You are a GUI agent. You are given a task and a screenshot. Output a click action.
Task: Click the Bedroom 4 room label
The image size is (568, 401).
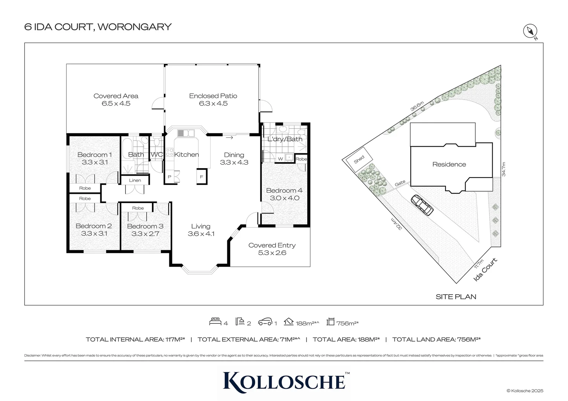click(x=284, y=190)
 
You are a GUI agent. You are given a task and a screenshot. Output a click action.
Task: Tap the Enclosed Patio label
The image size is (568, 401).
click(x=213, y=96)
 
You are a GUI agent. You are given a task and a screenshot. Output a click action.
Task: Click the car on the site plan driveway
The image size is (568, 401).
click(x=422, y=205)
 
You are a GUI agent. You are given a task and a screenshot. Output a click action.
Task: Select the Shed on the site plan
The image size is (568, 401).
click(x=359, y=159)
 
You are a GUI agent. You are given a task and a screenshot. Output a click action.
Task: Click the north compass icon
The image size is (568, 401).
click(x=530, y=32)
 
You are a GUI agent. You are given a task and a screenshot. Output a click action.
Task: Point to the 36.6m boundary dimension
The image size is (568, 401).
click(x=417, y=107)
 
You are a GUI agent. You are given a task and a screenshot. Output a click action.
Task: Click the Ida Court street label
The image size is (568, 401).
click(x=486, y=270)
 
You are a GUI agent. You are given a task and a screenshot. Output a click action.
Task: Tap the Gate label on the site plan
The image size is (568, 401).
click(x=400, y=183)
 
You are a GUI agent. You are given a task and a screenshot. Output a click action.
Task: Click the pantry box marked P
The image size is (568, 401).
click(x=169, y=177)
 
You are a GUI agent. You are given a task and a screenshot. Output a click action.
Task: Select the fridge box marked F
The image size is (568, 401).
click(x=201, y=177)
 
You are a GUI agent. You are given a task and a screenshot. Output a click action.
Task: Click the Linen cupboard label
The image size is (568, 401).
click(x=135, y=180)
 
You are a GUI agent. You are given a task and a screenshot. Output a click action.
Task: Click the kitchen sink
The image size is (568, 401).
click(x=186, y=133)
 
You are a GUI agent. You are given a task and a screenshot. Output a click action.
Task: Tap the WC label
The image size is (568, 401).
click(x=156, y=154)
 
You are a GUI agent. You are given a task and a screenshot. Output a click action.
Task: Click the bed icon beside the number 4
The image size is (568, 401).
click(x=215, y=322)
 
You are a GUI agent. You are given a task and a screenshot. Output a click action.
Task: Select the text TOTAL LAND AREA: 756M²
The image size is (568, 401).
click(x=436, y=339)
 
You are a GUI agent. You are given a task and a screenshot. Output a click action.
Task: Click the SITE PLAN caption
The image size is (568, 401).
click(x=456, y=297)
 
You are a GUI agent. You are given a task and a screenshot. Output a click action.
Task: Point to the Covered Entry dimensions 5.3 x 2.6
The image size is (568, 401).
click(x=272, y=253)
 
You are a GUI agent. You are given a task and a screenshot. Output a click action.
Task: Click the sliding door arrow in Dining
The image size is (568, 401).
click(x=229, y=138)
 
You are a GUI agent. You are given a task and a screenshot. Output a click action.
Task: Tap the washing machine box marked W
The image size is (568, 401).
click(x=280, y=159)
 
